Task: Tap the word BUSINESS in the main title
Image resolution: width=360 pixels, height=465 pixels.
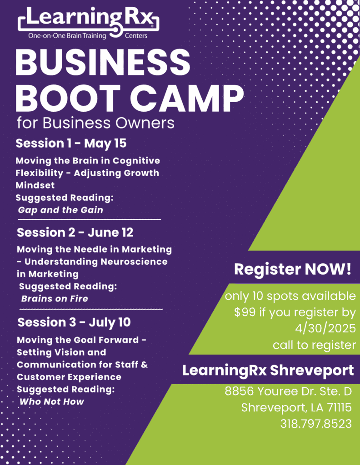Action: point(103,63)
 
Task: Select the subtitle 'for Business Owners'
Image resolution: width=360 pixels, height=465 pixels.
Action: point(95,123)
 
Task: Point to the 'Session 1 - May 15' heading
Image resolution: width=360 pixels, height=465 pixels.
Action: point(71,143)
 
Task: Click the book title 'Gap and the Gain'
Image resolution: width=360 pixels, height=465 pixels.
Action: point(60,210)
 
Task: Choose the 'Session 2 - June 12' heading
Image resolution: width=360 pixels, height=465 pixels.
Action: point(75,232)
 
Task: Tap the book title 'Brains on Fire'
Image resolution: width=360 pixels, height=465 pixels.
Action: point(55,298)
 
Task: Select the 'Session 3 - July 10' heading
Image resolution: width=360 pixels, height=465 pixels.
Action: point(74,322)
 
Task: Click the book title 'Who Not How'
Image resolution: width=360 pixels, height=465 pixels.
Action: point(52,401)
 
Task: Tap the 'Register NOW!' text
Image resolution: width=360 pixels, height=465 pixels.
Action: point(293,269)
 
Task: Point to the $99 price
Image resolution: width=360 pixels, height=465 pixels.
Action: point(245,312)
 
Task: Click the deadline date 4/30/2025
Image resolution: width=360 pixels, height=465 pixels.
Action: point(325,328)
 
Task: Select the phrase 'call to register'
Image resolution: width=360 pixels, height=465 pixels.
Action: point(314,345)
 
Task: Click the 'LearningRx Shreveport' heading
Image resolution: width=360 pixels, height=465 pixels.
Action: point(268,371)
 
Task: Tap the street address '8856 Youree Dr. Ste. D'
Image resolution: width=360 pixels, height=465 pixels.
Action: point(288,391)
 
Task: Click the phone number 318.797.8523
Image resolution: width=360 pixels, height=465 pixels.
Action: point(316,424)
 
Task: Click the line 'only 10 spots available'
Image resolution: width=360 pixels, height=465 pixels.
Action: point(290,296)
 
